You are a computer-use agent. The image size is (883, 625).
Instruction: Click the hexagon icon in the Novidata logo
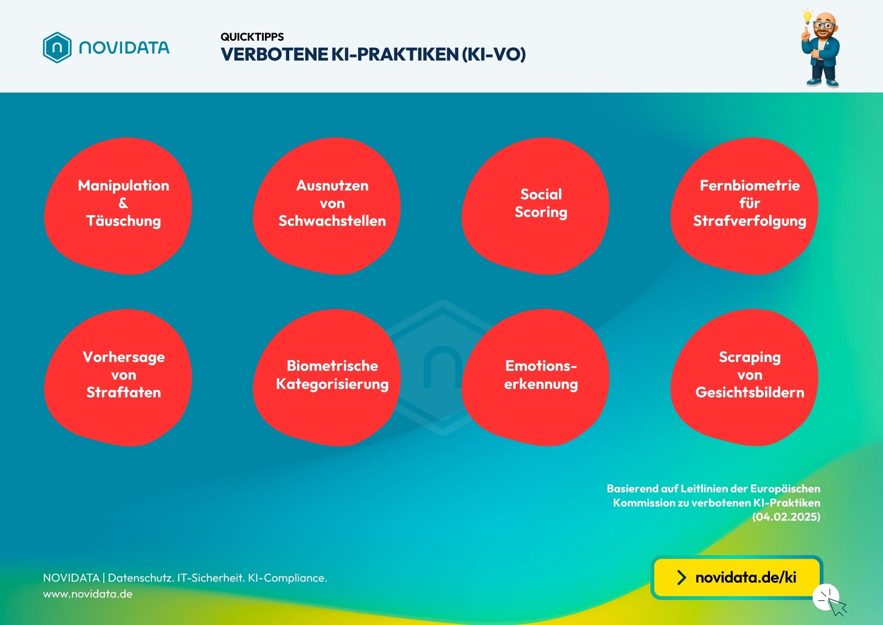point(57,47)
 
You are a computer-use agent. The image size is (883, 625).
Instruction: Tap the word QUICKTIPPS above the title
point(252,37)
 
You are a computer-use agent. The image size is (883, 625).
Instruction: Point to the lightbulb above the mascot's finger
point(808,16)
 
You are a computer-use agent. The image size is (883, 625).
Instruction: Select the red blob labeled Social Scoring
point(536,206)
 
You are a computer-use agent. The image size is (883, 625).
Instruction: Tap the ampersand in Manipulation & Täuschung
point(124,203)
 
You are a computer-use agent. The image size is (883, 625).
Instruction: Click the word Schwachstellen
point(332,221)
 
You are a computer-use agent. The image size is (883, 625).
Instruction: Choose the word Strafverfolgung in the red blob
point(750,221)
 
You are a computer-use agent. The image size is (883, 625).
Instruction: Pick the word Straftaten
point(124,392)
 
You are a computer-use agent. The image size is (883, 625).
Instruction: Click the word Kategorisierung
point(332,384)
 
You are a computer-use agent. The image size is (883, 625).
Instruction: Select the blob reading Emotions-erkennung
point(536,377)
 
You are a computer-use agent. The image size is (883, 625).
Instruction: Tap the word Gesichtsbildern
point(750,392)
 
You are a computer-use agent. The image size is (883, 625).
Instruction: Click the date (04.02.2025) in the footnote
point(786,517)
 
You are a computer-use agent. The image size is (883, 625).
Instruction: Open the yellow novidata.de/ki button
point(737,577)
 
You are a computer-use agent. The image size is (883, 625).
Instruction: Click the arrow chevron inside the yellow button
point(682,577)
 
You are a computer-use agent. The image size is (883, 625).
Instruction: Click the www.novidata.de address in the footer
point(88,594)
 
